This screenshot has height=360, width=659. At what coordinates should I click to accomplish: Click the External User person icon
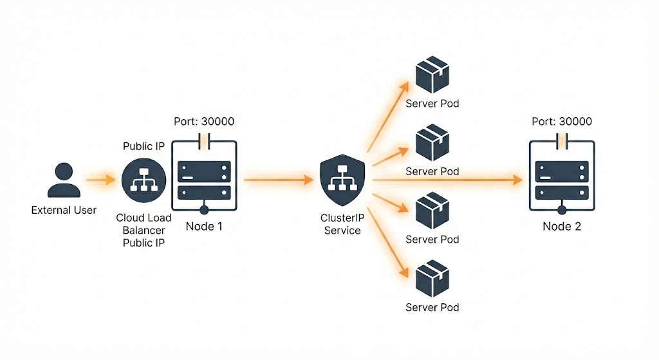click(64, 180)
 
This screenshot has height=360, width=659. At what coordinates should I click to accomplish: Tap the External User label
click(64, 210)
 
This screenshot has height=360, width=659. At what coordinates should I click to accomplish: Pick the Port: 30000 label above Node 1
click(204, 122)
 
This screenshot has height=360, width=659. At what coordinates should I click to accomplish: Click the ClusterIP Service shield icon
click(342, 181)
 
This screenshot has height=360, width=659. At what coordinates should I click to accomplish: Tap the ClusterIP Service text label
click(342, 224)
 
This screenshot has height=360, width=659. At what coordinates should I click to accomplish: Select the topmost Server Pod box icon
click(432, 76)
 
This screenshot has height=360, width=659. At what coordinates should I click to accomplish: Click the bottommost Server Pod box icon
click(432, 279)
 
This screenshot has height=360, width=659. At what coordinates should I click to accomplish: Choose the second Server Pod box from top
click(432, 144)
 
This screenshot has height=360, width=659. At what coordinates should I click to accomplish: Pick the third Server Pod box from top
click(432, 211)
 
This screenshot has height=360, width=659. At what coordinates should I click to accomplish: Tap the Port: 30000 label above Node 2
click(562, 122)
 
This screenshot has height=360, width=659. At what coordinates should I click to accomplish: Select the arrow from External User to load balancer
click(100, 181)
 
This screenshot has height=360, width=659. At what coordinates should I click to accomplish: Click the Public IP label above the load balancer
click(144, 146)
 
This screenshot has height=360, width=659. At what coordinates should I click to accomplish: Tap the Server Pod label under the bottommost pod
click(432, 307)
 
